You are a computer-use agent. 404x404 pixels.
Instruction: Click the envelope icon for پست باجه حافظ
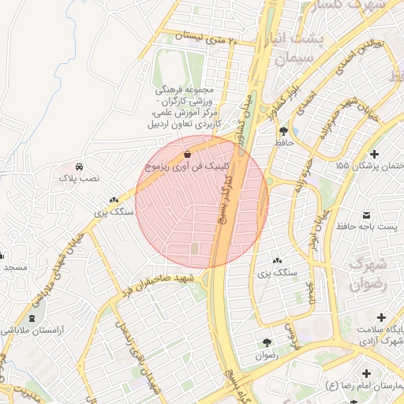click(x=367, y=215)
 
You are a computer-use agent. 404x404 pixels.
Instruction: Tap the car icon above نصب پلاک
click(x=80, y=167)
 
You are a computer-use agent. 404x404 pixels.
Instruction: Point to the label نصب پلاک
click(x=80, y=179)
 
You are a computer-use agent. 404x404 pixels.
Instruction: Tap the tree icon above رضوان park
click(x=266, y=342)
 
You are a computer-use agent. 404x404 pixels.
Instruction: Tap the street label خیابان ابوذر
click(x=315, y=225)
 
